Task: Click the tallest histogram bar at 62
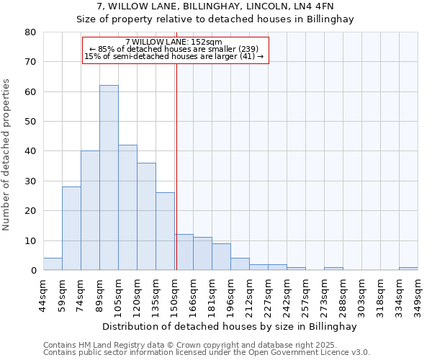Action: pos(109,178)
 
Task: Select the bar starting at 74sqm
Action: pos(90,210)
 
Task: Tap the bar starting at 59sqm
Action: pos(71,228)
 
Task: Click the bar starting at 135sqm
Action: pos(165,231)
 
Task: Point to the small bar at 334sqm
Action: pos(408,269)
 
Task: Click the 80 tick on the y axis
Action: pos(30,32)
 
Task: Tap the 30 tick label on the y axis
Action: pos(30,181)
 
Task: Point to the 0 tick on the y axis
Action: pos(33,271)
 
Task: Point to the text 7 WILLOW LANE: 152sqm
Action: pos(174,42)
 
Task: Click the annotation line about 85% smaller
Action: pos(174,49)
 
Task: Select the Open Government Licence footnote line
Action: pos(207,353)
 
